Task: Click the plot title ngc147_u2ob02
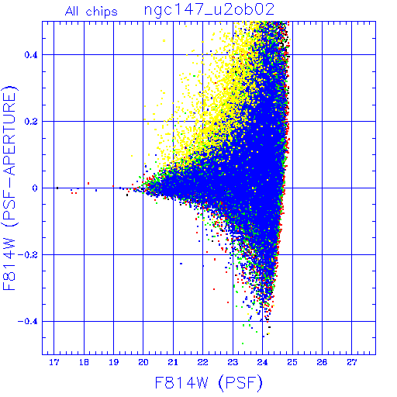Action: coord(209,10)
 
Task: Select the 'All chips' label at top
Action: coord(91,12)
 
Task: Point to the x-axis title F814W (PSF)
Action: coord(209,382)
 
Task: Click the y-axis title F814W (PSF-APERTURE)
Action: coord(9,188)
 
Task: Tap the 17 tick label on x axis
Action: coord(54,362)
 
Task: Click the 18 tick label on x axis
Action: coord(84,362)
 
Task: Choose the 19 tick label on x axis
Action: coord(113,362)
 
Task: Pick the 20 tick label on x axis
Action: coord(143,362)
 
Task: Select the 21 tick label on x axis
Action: coord(173,362)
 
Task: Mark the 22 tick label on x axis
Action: coord(203,362)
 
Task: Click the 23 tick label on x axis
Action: coord(233,362)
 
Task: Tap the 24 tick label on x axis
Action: coord(262,362)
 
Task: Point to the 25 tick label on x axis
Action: coord(292,362)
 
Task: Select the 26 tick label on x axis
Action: coord(322,362)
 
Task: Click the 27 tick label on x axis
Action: coord(352,362)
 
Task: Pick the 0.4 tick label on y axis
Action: coord(31,55)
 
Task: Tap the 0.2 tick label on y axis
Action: coord(31,122)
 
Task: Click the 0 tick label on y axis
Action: coord(35,188)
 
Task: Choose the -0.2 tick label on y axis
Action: coord(28,255)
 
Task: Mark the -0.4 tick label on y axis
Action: coord(28,322)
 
